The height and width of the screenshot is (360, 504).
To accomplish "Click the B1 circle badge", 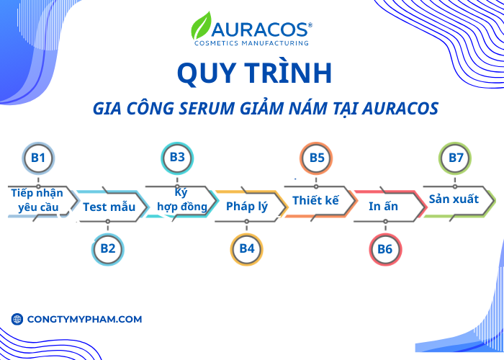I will pyautogui.click(x=38, y=157).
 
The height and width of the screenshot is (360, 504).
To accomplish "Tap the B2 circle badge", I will pyautogui.click(x=108, y=248).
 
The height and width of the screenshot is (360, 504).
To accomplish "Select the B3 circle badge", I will pyautogui.click(x=177, y=157).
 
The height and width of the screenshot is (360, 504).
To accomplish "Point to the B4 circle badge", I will pyautogui.click(x=247, y=248).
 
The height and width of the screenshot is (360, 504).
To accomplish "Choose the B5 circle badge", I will pyautogui.click(x=317, y=157).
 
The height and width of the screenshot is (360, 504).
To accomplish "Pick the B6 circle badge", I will pyautogui.click(x=385, y=248).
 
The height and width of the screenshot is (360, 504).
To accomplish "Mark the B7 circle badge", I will pyautogui.click(x=456, y=157).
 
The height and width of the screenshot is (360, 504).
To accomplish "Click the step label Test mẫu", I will pyautogui.click(x=109, y=207).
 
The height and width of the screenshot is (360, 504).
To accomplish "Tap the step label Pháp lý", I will pyautogui.click(x=247, y=207).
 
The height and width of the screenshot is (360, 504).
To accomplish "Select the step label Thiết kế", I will pyautogui.click(x=315, y=200).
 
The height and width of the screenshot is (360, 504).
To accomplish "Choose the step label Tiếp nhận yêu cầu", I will pyautogui.click(x=37, y=200).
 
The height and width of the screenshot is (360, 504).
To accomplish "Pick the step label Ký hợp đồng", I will pyautogui.click(x=182, y=199).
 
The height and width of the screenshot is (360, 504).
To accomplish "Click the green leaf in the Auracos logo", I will pyautogui.click(x=201, y=26).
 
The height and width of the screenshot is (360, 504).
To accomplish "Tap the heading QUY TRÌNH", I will pyautogui.click(x=253, y=74).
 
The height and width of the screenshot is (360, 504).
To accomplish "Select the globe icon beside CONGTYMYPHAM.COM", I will pyautogui.click(x=17, y=319).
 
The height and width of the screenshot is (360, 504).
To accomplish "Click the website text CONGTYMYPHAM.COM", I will pyautogui.click(x=84, y=319).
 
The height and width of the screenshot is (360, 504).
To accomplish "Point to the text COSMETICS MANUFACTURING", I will pyautogui.click(x=252, y=43).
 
